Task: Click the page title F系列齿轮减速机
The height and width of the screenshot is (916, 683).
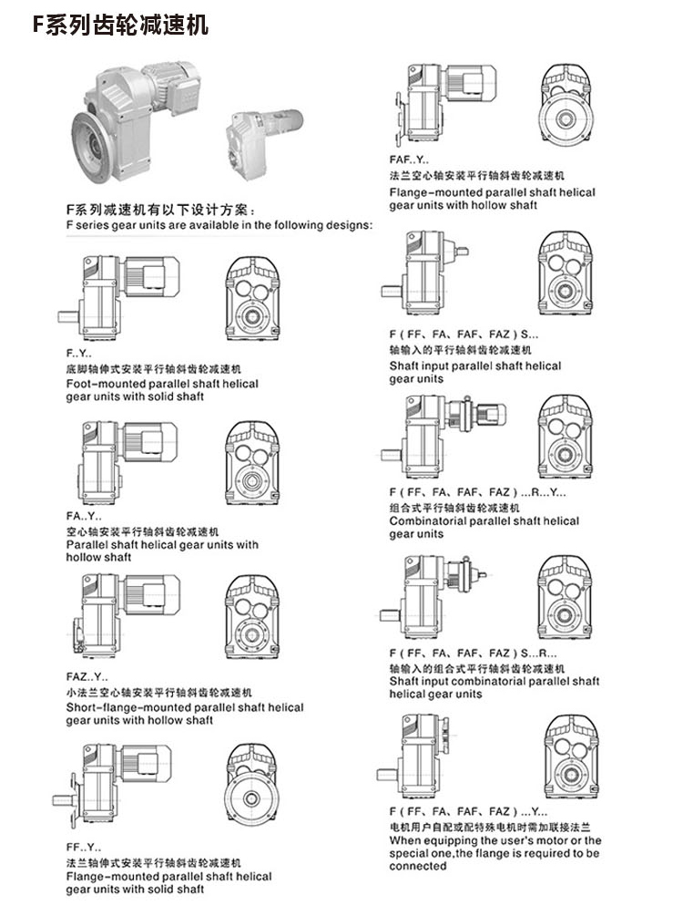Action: [120, 25]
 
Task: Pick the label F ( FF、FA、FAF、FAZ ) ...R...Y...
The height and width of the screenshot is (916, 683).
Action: [477, 492]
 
